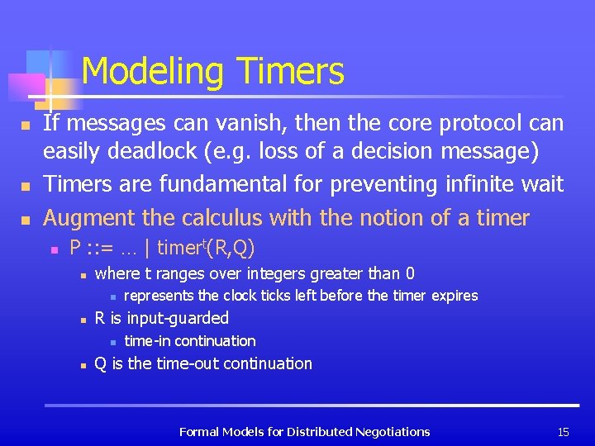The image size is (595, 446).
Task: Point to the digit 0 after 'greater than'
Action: click(x=410, y=273)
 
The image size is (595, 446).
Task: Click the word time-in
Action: click(x=148, y=340)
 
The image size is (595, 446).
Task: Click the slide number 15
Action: click(x=564, y=431)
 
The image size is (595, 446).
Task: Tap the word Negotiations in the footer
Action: click(x=392, y=431)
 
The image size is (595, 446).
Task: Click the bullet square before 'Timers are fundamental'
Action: click(x=26, y=186)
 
